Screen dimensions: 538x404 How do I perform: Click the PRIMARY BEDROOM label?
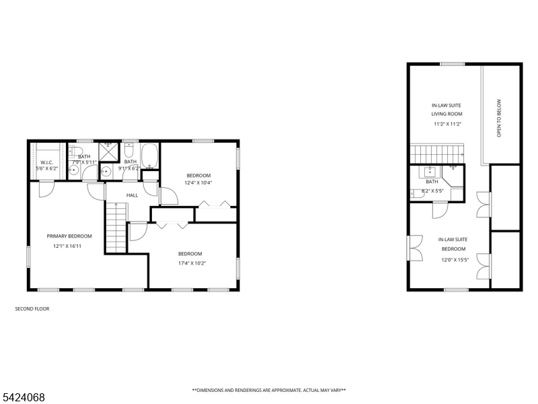pos(69,236)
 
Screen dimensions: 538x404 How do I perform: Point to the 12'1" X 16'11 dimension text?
pos(67,246)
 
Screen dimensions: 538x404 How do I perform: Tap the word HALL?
pos(132,195)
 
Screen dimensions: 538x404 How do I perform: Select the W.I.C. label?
pos(46,162)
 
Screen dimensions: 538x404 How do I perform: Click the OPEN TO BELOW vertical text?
pos(499,119)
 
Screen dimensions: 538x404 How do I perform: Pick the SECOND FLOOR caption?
pos(32,309)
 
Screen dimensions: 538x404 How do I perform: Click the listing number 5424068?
pos(22,397)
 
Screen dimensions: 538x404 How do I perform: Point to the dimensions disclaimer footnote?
pos(269,391)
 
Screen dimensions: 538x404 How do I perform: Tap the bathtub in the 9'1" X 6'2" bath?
pos(149,156)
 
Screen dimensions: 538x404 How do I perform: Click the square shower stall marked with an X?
pos(108,151)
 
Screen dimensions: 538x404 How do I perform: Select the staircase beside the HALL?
pos(116,228)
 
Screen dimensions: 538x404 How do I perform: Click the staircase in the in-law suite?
pos(437,154)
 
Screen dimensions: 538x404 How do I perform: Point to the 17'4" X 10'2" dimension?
pos(192,263)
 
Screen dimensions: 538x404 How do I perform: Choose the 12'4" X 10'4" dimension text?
pos(198,182)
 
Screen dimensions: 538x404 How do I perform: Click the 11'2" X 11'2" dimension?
pos(448,124)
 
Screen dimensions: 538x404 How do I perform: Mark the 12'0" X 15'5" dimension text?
pos(455,260)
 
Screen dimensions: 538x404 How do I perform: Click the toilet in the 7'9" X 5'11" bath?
pos(76,150)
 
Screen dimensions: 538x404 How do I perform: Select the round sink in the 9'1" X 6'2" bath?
pos(106,171)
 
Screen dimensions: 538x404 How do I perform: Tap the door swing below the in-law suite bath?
pos(440,210)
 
